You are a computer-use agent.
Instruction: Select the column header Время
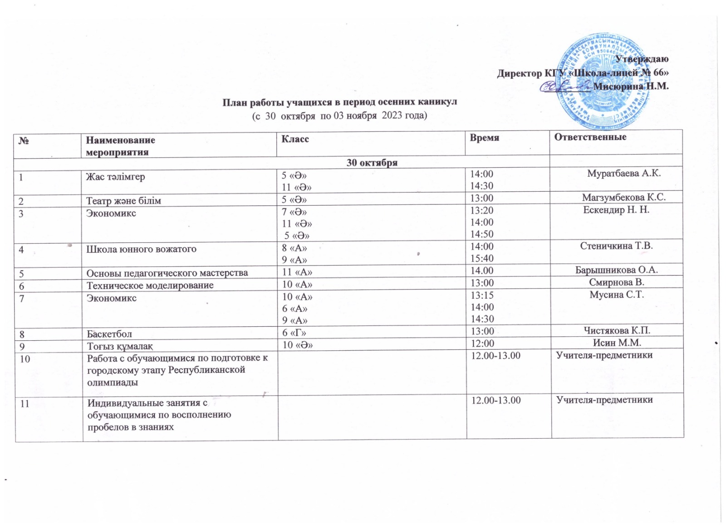[x=484, y=138]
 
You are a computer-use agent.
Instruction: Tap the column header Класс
[x=295, y=139]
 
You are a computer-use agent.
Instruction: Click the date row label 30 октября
[x=372, y=163]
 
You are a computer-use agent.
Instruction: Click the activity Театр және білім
[x=123, y=201]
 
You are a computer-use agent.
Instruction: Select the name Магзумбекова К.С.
[x=623, y=197]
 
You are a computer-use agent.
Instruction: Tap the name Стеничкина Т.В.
[x=616, y=246]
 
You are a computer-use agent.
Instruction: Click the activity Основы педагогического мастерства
[x=167, y=273]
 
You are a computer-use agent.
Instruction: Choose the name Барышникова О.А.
[x=616, y=270]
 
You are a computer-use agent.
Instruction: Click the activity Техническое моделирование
[x=150, y=285]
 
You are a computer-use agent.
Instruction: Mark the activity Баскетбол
[x=109, y=334]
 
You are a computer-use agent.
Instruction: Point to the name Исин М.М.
[x=617, y=343]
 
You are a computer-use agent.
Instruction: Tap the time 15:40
[x=481, y=258]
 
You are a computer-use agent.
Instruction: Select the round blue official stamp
[x=601, y=82]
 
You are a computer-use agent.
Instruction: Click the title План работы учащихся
[x=339, y=102]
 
